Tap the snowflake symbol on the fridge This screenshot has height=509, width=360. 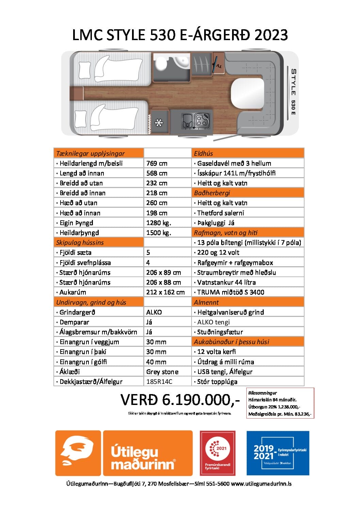[x=159, y=123]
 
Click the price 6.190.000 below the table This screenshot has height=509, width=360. [x=180, y=400]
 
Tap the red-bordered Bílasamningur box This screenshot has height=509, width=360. [x=280, y=403]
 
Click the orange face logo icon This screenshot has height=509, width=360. [x=78, y=453]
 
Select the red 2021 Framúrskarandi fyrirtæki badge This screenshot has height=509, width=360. [x=217, y=453]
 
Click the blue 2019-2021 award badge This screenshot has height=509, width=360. [x=278, y=453]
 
